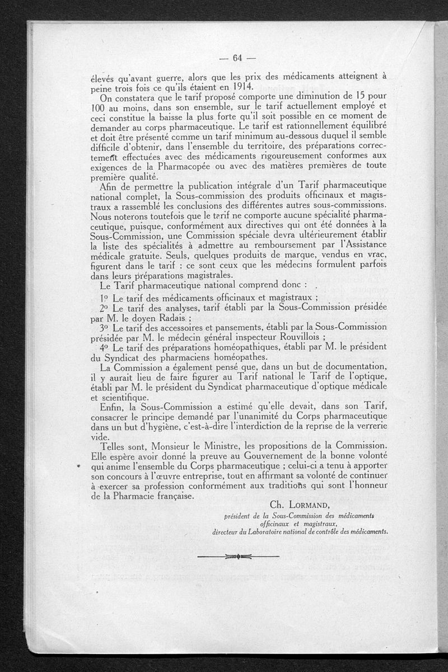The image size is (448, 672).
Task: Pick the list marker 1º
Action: pos(104,297)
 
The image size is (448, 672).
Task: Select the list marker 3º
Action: pos(104,327)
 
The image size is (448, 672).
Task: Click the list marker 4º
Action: pos(104,347)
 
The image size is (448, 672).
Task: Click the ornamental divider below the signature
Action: pos(238,556)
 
